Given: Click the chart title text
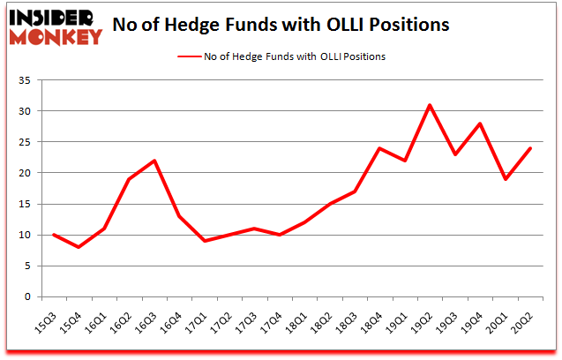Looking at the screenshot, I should point(281,25).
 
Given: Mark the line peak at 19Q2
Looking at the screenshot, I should point(429,105).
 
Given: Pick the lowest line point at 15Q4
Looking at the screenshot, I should point(79,247).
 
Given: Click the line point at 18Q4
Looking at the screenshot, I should point(379,148).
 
